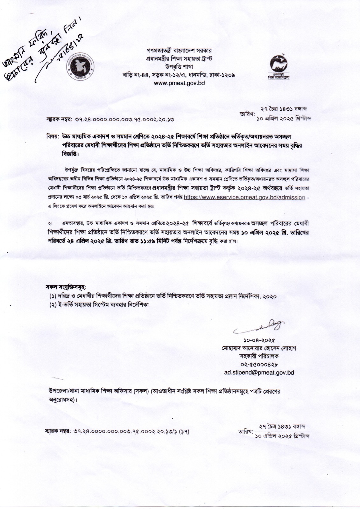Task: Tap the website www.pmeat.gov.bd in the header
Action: pos(179,83)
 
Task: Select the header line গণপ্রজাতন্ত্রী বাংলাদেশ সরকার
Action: pos(179,51)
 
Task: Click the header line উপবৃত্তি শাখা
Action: pos(179,67)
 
